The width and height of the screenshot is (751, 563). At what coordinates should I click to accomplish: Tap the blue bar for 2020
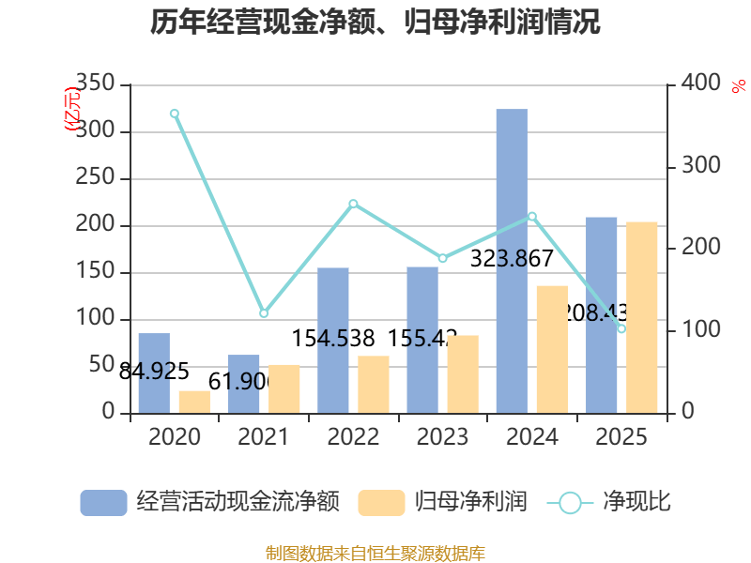[x=154, y=373]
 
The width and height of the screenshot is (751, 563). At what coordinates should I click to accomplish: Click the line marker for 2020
[x=175, y=114]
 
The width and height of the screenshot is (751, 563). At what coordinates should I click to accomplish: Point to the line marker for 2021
[x=264, y=313]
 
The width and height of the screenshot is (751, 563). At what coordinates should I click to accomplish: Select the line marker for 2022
[x=353, y=204]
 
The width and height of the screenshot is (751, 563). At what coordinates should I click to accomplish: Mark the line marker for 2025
[x=621, y=328]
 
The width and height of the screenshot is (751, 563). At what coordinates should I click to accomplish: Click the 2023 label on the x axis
[x=442, y=437]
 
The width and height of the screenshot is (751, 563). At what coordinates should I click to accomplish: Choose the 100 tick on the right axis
[x=696, y=330]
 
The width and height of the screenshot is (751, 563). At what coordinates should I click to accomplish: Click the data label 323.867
[x=512, y=259]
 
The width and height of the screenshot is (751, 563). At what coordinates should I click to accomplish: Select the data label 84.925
[x=154, y=371]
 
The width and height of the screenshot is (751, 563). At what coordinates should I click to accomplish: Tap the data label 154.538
[x=334, y=338]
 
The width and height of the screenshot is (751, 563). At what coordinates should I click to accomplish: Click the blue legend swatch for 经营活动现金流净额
[x=103, y=503]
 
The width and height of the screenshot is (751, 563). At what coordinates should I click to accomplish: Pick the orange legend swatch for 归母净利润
[x=381, y=503]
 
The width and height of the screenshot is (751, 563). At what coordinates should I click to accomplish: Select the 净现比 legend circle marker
[x=570, y=503]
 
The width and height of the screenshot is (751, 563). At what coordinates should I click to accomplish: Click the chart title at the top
[x=375, y=22]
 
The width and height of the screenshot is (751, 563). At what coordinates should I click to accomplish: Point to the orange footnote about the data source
[x=375, y=553]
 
